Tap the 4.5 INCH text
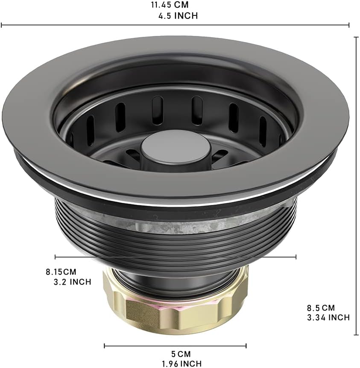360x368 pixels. click(178, 16)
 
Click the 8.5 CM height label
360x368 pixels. click(321, 307)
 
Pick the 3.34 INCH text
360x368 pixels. click(328, 317)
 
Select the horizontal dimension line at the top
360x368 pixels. click(175, 26)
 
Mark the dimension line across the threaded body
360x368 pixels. click(175, 257)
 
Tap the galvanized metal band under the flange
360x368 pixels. click(205, 222)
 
